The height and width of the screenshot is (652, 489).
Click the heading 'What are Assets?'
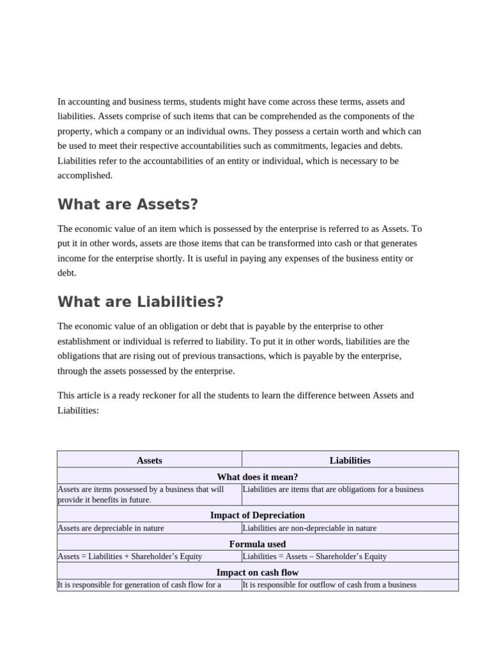coord(128,204)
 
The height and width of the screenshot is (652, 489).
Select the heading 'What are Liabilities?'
coord(140,302)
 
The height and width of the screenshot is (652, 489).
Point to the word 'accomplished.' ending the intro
coord(85,175)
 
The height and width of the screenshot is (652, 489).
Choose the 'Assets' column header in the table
coord(150,460)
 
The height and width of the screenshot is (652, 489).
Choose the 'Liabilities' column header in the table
coord(350,460)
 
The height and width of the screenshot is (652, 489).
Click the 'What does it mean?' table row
coord(257,476)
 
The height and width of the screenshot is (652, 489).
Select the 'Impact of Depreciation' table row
coord(257,514)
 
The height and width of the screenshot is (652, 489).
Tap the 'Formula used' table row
coord(257,544)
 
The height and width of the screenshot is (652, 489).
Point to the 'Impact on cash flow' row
coord(257,572)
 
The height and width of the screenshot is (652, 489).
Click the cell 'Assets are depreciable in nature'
coord(111,528)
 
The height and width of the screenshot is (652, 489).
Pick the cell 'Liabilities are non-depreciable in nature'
coord(309,528)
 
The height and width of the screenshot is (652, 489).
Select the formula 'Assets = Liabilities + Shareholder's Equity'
coord(130,556)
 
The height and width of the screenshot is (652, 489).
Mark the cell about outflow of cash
coord(329,585)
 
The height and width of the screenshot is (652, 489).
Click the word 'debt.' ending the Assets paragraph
coord(67,273)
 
